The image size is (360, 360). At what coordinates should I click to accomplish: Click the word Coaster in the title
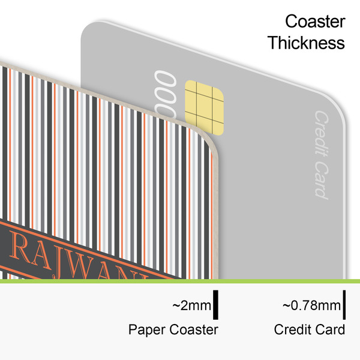point(315,22)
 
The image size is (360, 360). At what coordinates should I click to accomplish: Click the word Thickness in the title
point(306,43)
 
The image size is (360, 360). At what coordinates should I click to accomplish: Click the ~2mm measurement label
point(192,306)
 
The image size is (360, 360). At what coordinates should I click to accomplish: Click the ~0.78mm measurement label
point(311,306)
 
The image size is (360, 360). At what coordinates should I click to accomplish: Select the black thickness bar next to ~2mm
point(215,304)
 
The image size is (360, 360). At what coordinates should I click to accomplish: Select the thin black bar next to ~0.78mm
point(346,304)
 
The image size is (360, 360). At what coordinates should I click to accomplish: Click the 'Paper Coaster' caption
point(173,329)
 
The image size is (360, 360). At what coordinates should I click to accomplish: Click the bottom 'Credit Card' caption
point(310,329)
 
